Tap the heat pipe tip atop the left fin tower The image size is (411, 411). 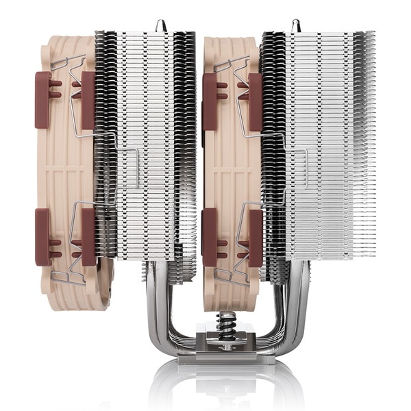click(160, 25)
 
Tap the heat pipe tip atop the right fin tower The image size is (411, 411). click(297, 25)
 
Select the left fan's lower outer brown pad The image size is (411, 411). click(42, 236)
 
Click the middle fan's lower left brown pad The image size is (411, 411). click(210, 236)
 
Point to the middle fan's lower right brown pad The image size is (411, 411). click(255, 236)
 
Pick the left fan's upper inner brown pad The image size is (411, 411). click(88, 99)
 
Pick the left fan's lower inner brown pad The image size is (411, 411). click(88, 236)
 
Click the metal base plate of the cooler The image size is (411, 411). click(224, 349)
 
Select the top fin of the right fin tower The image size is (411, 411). click(319, 33)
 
